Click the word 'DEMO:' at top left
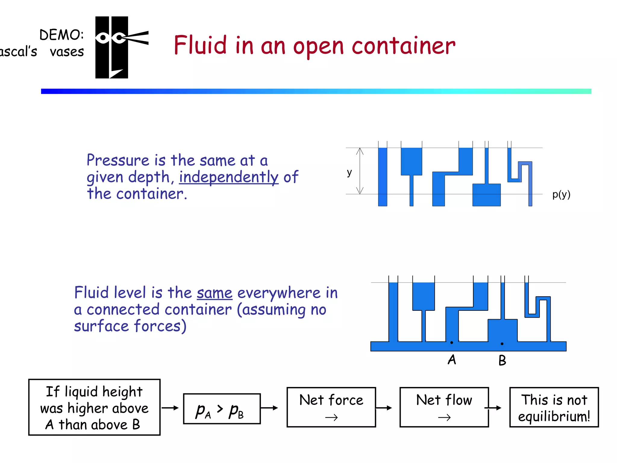click(61, 35)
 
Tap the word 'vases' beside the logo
click(67, 52)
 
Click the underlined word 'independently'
click(229, 177)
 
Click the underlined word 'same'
click(215, 293)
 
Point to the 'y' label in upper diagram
click(349, 172)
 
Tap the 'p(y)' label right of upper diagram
click(561, 194)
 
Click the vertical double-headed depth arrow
click(360, 171)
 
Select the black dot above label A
click(452, 342)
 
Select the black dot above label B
click(502, 344)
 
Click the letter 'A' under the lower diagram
click(452, 360)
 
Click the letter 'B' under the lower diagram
click(502, 361)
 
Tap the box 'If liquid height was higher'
click(94, 407)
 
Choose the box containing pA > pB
click(222, 409)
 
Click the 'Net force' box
click(331, 407)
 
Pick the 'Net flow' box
click(444, 407)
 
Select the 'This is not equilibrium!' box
click(554, 407)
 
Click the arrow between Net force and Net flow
click(384, 408)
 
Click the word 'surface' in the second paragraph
click(102, 326)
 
